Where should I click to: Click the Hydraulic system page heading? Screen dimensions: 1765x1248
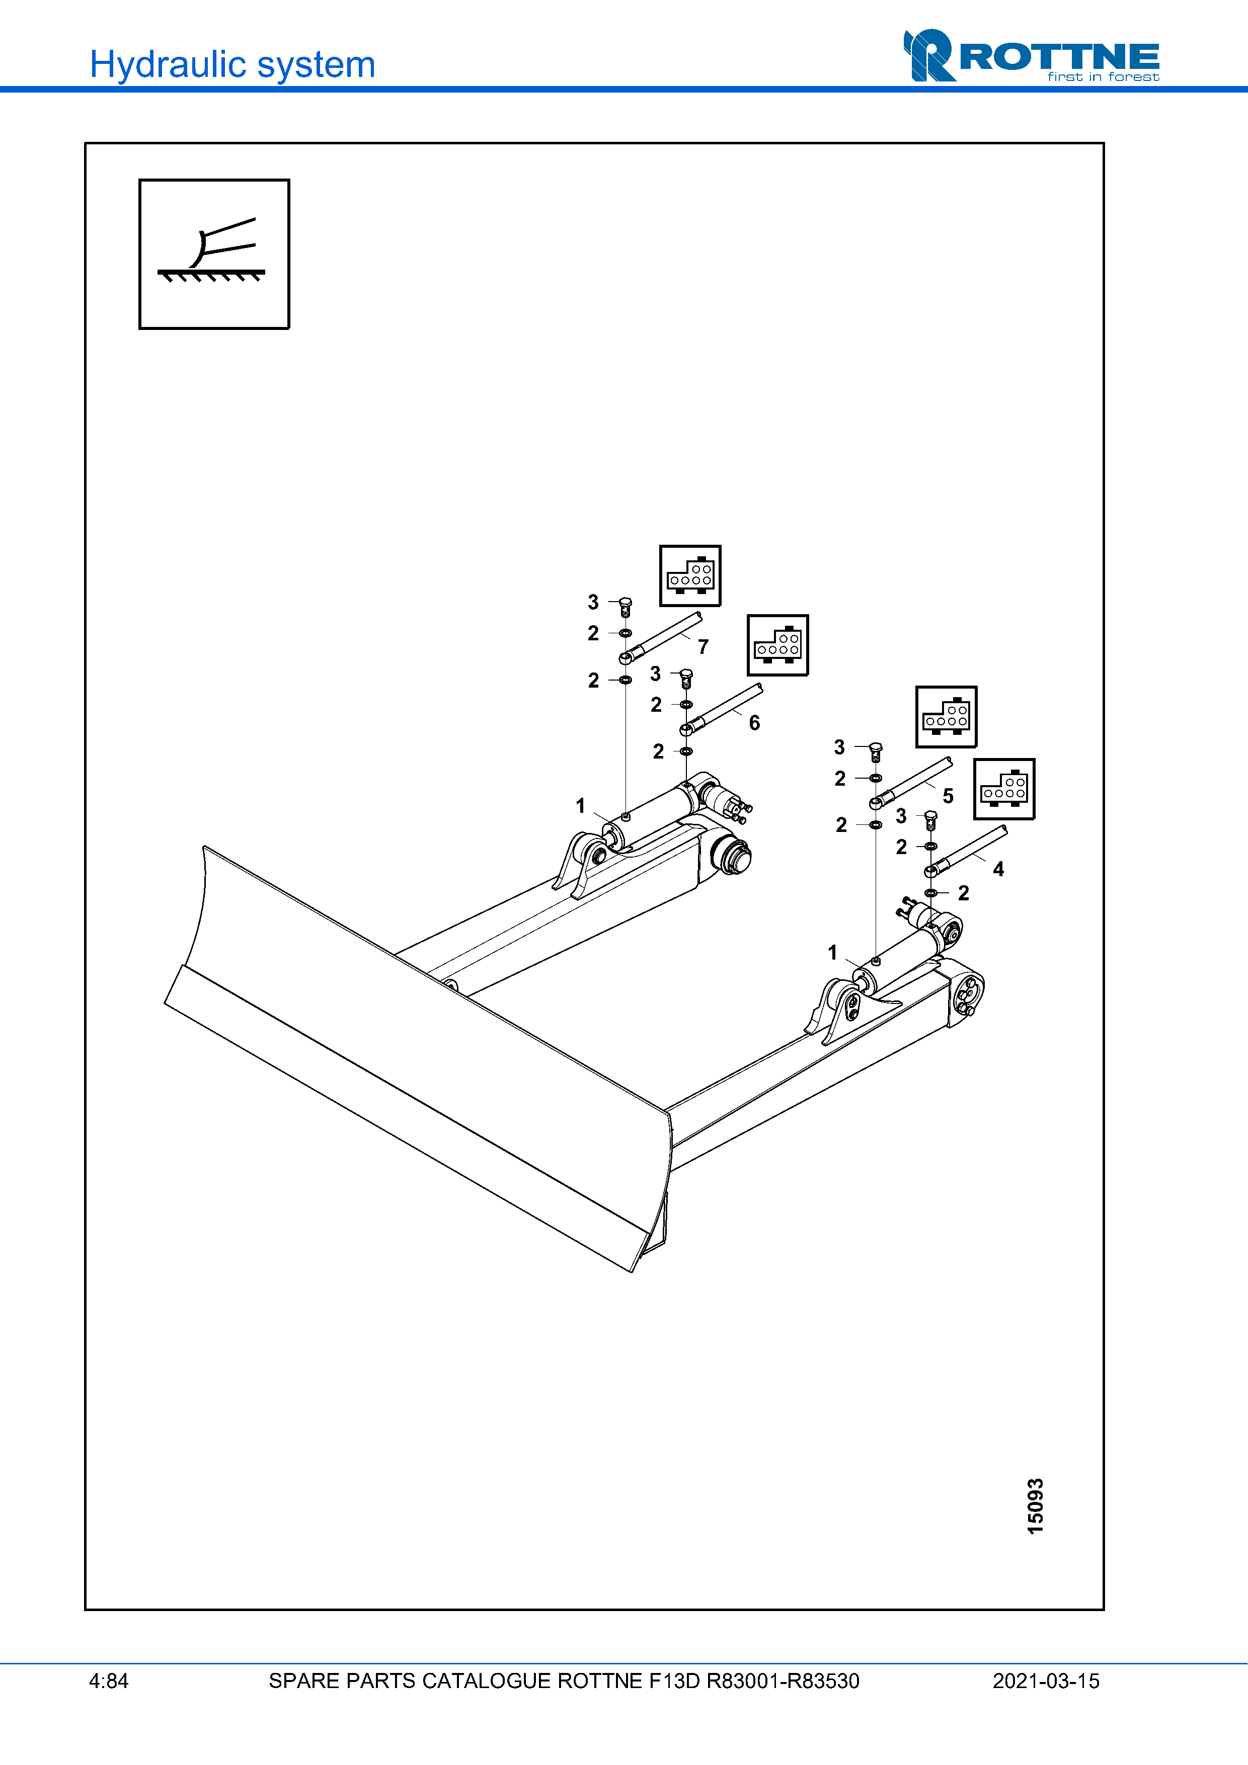(232, 64)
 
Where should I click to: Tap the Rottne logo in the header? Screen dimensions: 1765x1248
(1031, 55)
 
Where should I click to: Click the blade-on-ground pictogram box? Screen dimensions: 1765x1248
(214, 255)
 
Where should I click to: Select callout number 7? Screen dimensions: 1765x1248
(703, 647)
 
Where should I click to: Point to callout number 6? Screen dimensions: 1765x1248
(754, 723)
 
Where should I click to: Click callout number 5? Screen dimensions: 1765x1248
(948, 796)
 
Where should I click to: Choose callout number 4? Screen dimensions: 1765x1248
(998, 870)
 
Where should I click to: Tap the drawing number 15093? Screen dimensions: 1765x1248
(1036, 1506)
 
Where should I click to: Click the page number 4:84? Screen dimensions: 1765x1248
(108, 1681)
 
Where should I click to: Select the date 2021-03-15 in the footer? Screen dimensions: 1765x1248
(1046, 1681)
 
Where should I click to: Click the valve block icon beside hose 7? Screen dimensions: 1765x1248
(690, 576)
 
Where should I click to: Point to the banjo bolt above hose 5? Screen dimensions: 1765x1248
(875, 750)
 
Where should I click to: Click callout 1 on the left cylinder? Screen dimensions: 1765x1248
(581, 806)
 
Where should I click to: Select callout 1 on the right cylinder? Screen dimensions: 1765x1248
(832, 953)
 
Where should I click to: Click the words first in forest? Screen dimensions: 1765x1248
(1103, 77)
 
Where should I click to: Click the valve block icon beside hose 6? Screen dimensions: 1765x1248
(777, 645)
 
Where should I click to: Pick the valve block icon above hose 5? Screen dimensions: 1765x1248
(946, 716)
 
